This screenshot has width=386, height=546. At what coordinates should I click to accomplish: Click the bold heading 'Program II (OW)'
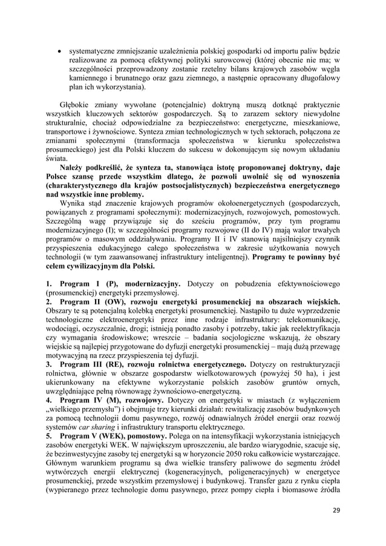click(x=87, y=301)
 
